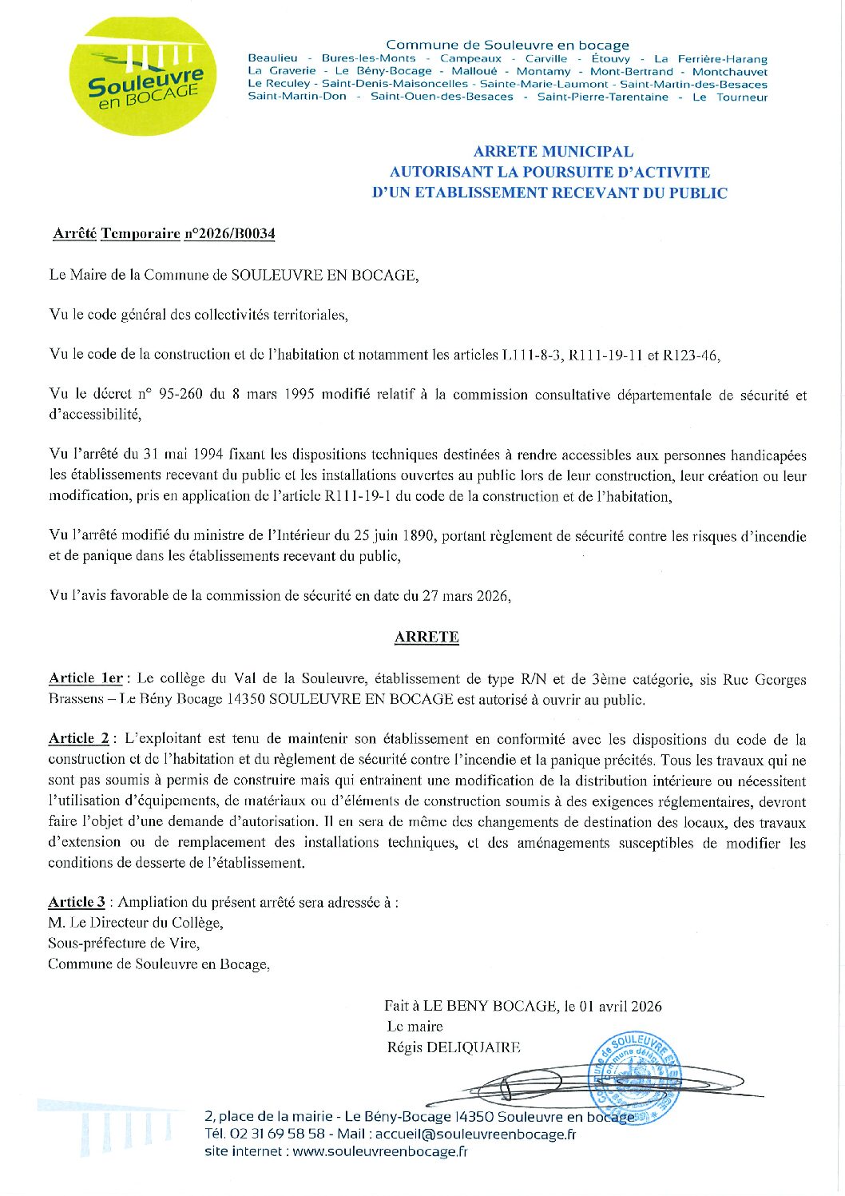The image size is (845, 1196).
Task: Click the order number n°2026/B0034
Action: coord(229,234)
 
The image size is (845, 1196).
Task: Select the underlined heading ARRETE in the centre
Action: coord(426,638)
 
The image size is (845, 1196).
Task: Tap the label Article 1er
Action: coord(85,678)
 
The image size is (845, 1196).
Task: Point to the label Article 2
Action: coord(78,739)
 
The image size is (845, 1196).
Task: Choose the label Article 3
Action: coord(76,902)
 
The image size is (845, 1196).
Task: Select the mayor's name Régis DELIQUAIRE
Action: coord(453,1047)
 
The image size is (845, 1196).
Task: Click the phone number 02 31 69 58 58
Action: coord(276,1134)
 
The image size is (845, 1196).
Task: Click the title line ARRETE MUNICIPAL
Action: coord(553,152)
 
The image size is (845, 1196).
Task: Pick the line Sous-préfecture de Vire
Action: coord(124,944)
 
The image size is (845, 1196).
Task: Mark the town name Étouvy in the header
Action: coord(610,58)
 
